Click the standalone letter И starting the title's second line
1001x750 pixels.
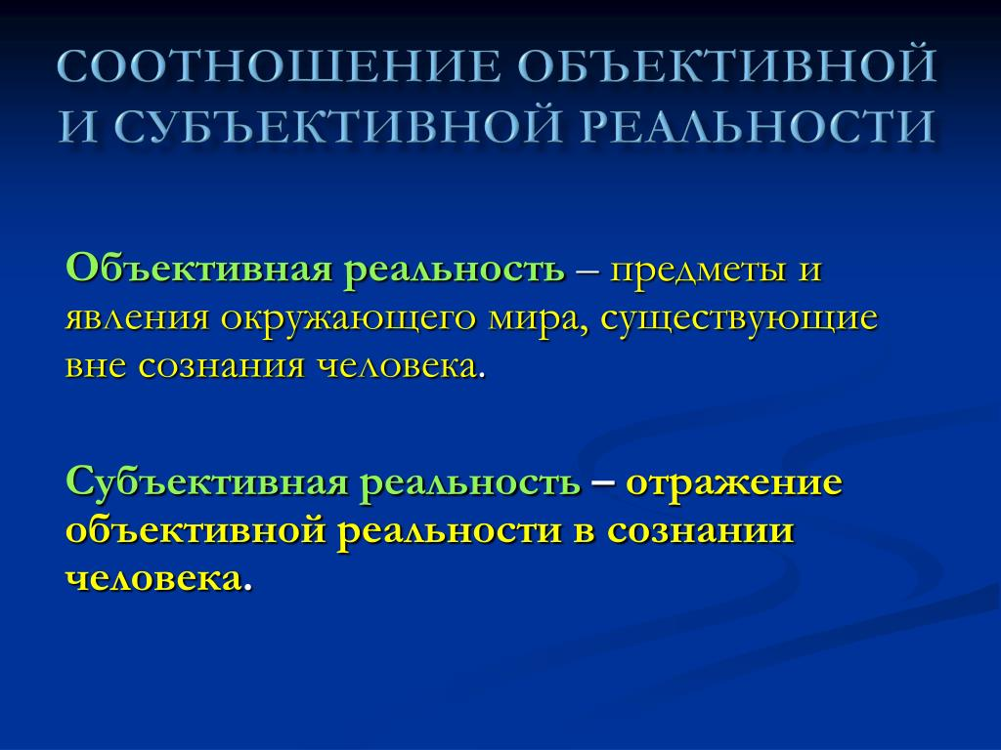point(80,126)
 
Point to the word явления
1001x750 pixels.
point(137,318)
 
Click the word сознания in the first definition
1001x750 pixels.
point(221,367)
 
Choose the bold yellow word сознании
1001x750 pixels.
point(700,531)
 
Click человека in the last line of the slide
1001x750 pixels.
point(153,580)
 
